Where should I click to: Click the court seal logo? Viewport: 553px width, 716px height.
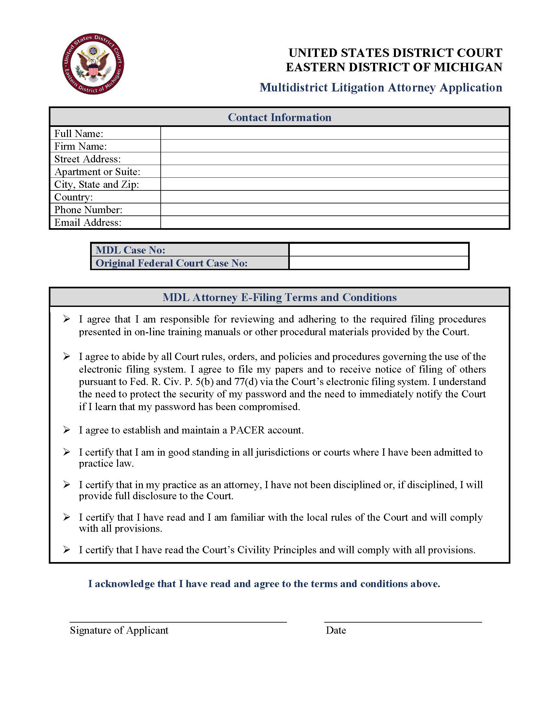point(93,63)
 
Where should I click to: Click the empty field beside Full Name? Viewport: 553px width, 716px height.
point(334,133)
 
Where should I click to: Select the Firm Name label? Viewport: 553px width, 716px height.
point(80,146)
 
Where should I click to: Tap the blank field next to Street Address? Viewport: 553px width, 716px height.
point(334,159)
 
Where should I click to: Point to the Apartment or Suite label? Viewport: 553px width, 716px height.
point(97,172)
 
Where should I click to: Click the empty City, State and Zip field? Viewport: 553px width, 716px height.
point(334,184)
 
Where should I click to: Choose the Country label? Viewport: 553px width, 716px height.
point(74,197)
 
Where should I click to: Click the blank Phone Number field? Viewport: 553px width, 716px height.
point(334,210)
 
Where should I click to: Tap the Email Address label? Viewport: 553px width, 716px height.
point(88,223)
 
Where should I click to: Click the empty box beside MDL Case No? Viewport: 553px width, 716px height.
point(379,250)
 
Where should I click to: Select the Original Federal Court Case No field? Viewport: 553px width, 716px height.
point(379,263)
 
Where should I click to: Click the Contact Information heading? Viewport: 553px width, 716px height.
point(279,117)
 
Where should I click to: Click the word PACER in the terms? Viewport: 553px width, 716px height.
point(247,430)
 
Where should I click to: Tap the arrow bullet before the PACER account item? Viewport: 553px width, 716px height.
point(66,430)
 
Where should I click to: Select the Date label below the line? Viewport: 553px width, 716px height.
point(336,630)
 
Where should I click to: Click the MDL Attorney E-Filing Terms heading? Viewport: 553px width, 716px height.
point(279,297)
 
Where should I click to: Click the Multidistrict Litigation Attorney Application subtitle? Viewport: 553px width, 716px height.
point(381,88)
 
